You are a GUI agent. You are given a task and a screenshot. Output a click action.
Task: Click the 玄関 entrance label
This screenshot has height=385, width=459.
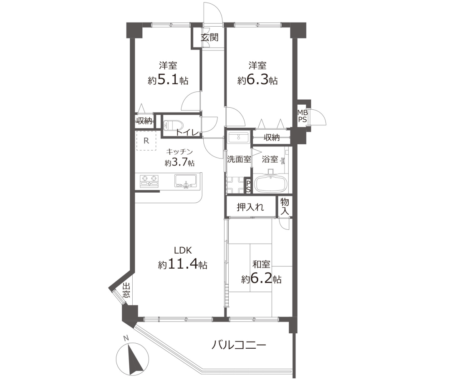210,37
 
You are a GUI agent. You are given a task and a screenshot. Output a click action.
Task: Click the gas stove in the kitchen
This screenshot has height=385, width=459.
149,181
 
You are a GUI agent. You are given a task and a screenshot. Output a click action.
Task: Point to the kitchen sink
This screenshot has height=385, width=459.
186,181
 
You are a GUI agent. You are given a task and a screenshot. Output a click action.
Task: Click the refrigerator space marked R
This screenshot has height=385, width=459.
146,141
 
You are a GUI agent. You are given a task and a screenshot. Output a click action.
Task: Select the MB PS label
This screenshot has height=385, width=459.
303,116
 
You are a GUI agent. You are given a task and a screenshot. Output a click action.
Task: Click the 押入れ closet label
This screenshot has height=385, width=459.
250,207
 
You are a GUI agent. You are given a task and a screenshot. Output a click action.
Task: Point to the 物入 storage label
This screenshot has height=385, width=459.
285,206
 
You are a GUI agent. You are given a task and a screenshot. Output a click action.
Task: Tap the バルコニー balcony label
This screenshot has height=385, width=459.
239,345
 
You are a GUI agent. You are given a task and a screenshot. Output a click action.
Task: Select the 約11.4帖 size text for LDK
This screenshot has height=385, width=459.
183,265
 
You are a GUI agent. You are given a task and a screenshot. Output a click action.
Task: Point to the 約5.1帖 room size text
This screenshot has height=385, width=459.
168,80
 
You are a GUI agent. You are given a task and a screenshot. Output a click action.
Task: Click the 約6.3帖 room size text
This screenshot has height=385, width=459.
257,80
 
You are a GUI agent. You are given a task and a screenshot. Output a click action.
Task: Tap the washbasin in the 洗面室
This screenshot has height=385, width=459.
239,137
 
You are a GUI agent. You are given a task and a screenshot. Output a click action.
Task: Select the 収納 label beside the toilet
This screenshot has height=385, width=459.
144,121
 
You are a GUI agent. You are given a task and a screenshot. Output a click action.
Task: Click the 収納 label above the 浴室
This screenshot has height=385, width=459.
271,137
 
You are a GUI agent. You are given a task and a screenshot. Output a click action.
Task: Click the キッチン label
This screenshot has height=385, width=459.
179,151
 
